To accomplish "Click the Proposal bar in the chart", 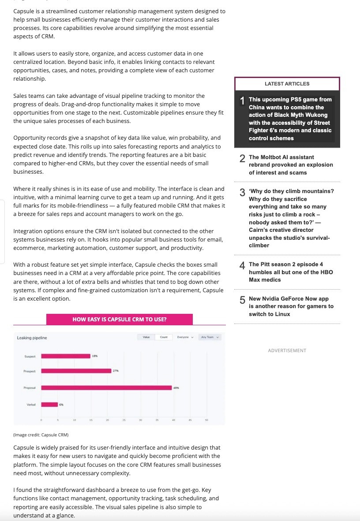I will click(x=106, y=387).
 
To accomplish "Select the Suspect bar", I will click(x=66, y=356).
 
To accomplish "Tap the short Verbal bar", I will click(x=49, y=404).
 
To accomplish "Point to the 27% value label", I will click(x=116, y=371).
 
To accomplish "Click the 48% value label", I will click(x=176, y=387).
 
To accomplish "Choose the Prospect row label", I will click(x=29, y=371).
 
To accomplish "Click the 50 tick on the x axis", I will click(x=206, y=420).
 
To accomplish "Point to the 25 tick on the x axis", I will click(x=124, y=420).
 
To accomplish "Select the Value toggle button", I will click(x=146, y=337).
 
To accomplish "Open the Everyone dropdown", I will click(x=185, y=337).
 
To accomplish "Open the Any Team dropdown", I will click(x=210, y=337).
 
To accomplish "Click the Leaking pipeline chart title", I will click(x=32, y=338).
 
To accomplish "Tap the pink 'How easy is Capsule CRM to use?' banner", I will click(x=120, y=319).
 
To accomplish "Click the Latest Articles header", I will click(x=287, y=83).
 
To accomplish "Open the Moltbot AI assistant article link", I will click(x=291, y=164).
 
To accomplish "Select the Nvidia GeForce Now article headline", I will click(x=291, y=306).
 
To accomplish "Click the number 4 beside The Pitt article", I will click(x=242, y=265).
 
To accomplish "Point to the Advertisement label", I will click(x=287, y=350).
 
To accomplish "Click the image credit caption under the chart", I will click(x=41, y=435).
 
